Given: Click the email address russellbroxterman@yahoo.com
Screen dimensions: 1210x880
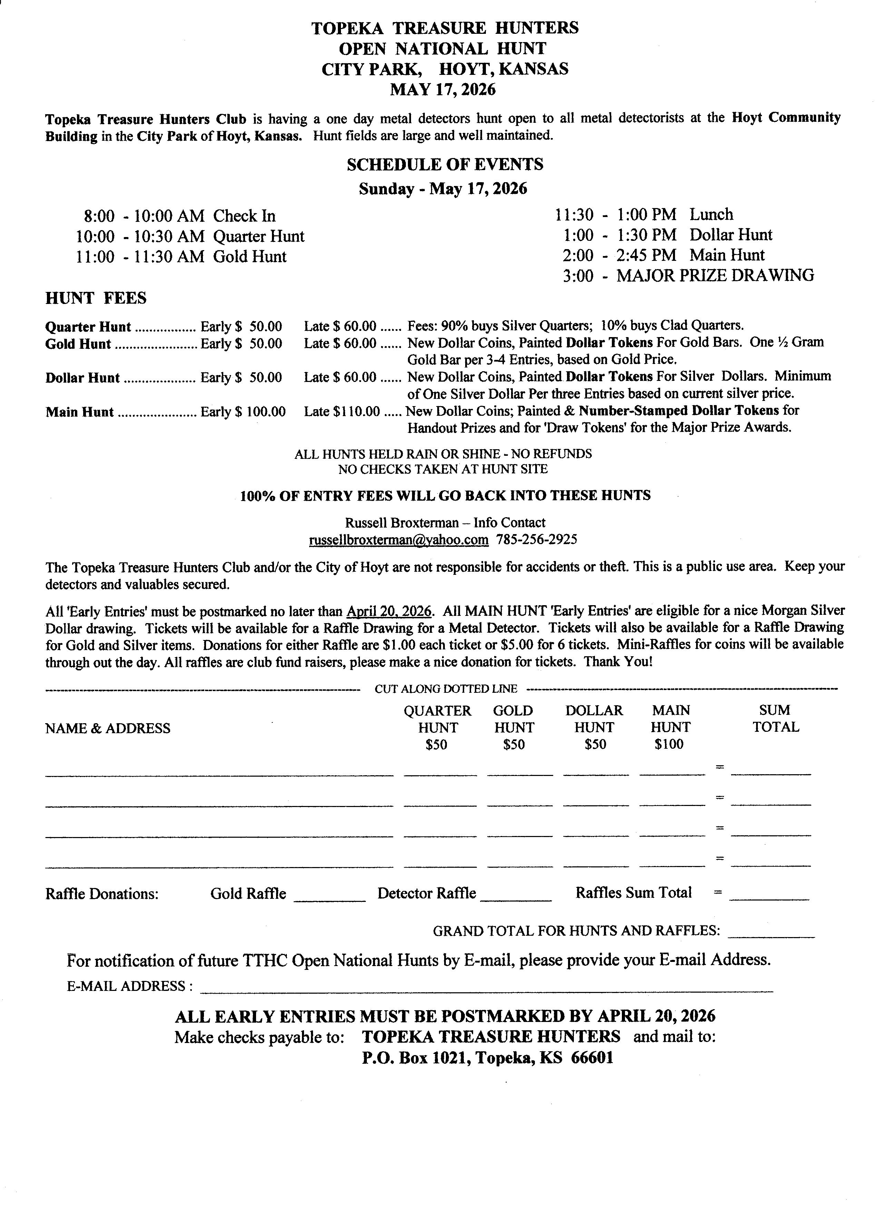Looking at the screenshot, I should (x=398, y=540).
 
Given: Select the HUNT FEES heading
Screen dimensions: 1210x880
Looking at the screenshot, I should (x=96, y=298).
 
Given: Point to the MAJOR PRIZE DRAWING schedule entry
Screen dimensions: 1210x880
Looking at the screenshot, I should (x=715, y=275).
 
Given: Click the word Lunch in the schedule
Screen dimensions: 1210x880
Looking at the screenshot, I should (x=711, y=215).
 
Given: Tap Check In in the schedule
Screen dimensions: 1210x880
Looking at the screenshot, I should (x=244, y=216).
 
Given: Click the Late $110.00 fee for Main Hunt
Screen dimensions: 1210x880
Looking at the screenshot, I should (x=342, y=411).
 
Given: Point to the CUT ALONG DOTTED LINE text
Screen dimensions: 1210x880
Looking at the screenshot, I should (x=446, y=689).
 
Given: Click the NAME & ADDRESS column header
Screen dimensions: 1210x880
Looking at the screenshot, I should (x=108, y=728).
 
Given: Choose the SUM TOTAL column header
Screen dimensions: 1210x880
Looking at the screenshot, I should (x=775, y=719).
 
